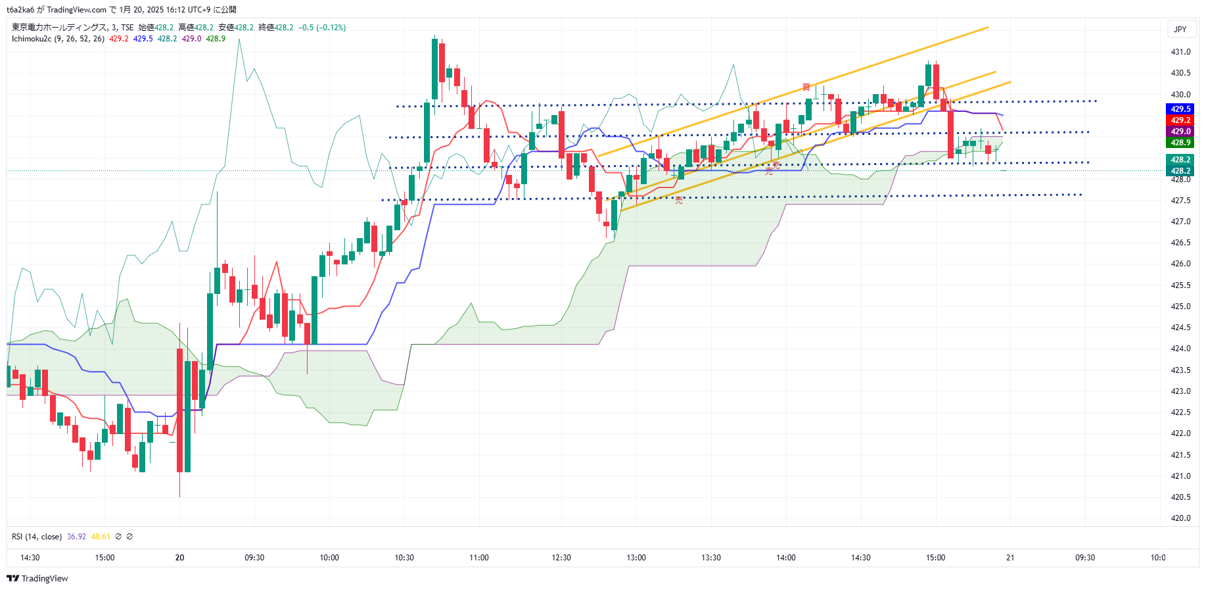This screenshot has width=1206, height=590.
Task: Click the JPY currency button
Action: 1180,29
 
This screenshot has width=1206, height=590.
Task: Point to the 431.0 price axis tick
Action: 1180,52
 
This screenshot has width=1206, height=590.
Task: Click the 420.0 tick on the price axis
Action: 1180,518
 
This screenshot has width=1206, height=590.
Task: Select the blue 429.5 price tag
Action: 1180,109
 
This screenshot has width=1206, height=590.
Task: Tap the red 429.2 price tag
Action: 1180,120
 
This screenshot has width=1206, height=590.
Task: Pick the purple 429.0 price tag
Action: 1180,132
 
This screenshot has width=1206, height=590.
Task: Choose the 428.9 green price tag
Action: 1180,143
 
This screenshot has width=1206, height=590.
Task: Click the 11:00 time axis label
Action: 479,558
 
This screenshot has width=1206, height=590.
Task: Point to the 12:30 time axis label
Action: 561,558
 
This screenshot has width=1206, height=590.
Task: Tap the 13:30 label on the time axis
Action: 711,558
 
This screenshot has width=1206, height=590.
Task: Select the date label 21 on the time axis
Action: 1010,558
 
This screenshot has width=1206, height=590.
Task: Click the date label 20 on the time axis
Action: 179,558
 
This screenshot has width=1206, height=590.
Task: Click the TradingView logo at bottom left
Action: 37,579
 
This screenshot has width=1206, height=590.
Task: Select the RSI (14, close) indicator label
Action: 37,537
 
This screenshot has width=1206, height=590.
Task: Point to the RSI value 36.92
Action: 76,537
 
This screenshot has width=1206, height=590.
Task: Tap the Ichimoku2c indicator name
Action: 32,39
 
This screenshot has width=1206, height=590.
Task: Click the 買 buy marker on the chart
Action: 806,87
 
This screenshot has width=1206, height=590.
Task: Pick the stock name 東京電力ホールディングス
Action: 59,28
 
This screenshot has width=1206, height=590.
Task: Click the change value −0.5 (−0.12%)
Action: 322,28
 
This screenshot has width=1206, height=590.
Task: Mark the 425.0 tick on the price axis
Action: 1180,307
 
